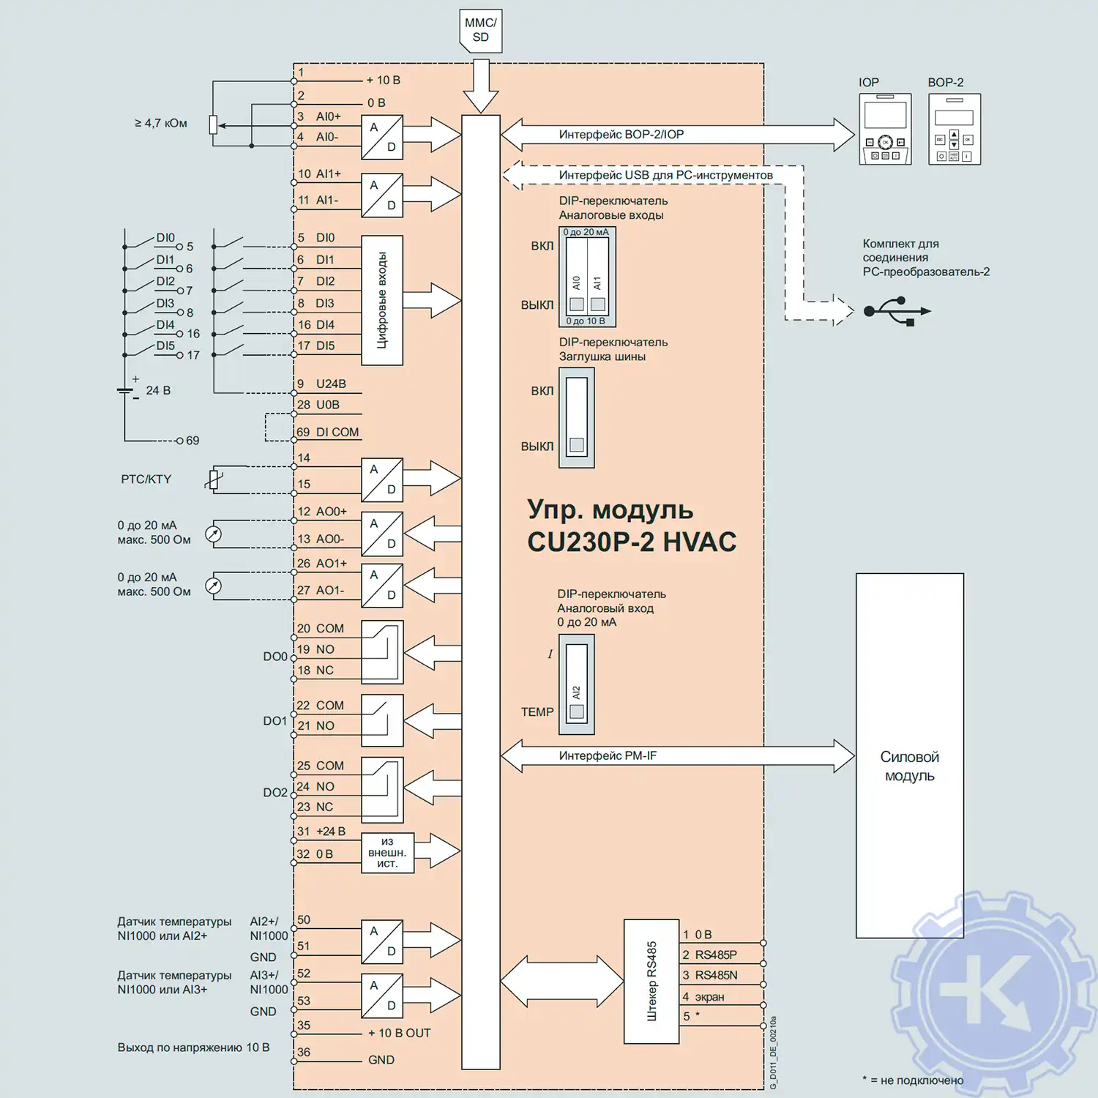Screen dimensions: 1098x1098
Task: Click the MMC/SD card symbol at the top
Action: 480,31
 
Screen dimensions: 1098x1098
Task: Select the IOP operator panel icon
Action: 885,129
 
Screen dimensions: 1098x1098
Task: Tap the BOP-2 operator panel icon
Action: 954,129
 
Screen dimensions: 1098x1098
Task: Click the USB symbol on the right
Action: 897,310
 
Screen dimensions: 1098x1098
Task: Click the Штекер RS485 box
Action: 651,981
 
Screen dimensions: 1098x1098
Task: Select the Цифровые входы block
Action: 382,300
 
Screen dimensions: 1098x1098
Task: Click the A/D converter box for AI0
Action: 382,137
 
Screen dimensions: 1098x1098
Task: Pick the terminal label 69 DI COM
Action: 328,433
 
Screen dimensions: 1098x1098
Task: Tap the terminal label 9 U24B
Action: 322,384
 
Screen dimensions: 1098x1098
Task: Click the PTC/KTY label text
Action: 146,479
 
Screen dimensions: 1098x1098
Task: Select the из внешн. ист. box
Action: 387,853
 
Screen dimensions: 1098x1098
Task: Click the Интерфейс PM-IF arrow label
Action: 608,755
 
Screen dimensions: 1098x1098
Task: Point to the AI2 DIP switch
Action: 577,684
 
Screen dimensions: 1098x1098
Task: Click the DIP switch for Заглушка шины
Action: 577,417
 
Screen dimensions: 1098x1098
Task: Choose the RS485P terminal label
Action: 715,955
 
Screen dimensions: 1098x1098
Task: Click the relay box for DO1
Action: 382,720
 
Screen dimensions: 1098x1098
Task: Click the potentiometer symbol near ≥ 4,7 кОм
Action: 213,125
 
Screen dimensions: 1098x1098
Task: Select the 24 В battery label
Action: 158,390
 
